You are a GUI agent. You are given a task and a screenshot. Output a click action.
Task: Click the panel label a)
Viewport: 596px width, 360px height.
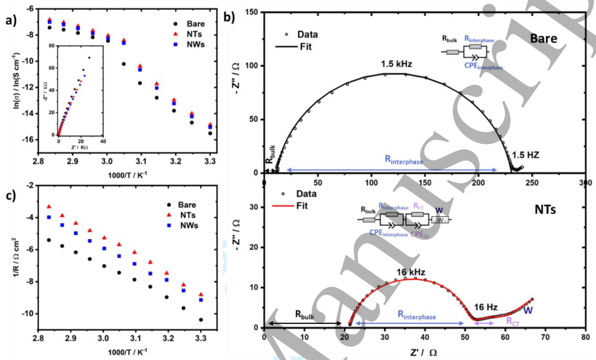pyautogui.click(x=10, y=19)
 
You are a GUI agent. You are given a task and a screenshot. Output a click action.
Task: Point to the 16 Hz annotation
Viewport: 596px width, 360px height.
pyautogui.click(x=486, y=306)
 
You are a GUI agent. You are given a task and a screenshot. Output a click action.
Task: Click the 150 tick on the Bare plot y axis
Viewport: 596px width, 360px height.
pyautogui.click(x=249, y=13)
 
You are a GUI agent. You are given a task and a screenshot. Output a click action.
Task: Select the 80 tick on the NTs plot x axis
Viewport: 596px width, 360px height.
pyautogui.click(x=585, y=337)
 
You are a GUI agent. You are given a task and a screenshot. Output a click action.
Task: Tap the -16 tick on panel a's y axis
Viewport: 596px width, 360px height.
pyautogui.click(x=30, y=140)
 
